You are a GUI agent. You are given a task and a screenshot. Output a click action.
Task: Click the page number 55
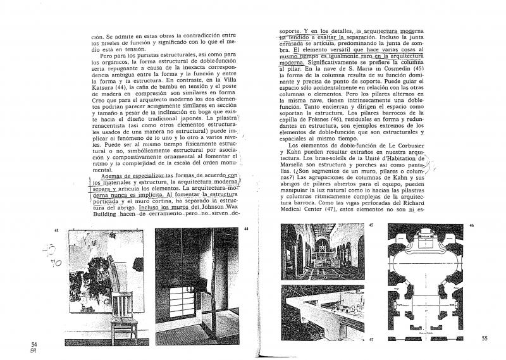tap(483, 338)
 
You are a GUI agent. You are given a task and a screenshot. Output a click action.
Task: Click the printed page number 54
tap(35, 344)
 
